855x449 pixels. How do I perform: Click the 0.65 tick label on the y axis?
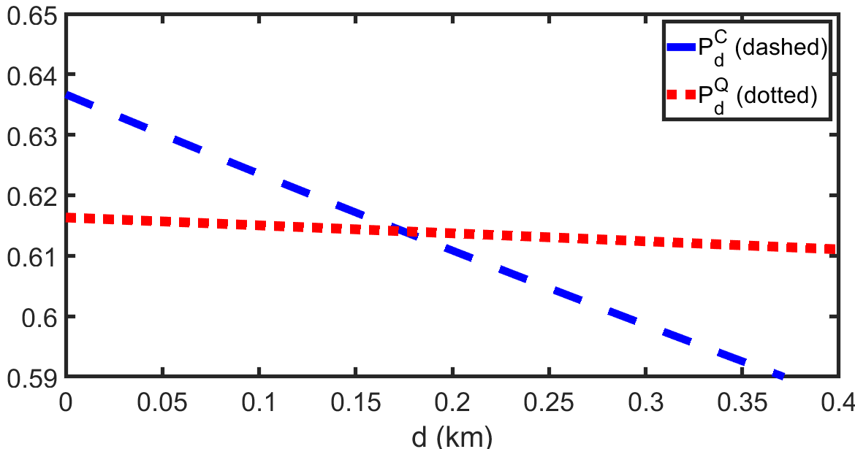pyautogui.click(x=31, y=15)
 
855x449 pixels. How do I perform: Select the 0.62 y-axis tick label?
pyautogui.click(x=31, y=196)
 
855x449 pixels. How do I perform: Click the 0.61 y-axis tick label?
pyautogui.click(x=31, y=256)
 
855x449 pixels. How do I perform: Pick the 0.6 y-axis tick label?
pyautogui.click(x=39, y=317)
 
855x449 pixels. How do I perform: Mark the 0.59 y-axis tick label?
pyautogui.click(x=31, y=377)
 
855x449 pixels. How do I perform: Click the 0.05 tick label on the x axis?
pyautogui.click(x=162, y=403)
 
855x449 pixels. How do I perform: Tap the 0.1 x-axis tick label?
pyautogui.click(x=259, y=403)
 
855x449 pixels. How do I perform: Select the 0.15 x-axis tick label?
pyautogui.click(x=356, y=403)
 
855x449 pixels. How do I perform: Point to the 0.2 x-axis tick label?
pyautogui.click(x=452, y=403)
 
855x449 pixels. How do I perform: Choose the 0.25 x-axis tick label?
pyautogui.click(x=549, y=403)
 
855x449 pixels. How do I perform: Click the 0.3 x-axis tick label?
pyautogui.click(x=645, y=403)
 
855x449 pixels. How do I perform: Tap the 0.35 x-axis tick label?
pyautogui.click(x=742, y=403)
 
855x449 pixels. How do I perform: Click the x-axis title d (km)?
pyautogui.click(x=452, y=437)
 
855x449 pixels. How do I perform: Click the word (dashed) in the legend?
pyautogui.click(x=781, y=48)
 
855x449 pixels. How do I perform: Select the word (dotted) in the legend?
pyautogui.click(x=777, y=96)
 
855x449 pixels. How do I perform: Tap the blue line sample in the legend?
pyautogui.click(x=682, y=47)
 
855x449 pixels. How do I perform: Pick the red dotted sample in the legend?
pyautogui.click(x=682, y=95)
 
